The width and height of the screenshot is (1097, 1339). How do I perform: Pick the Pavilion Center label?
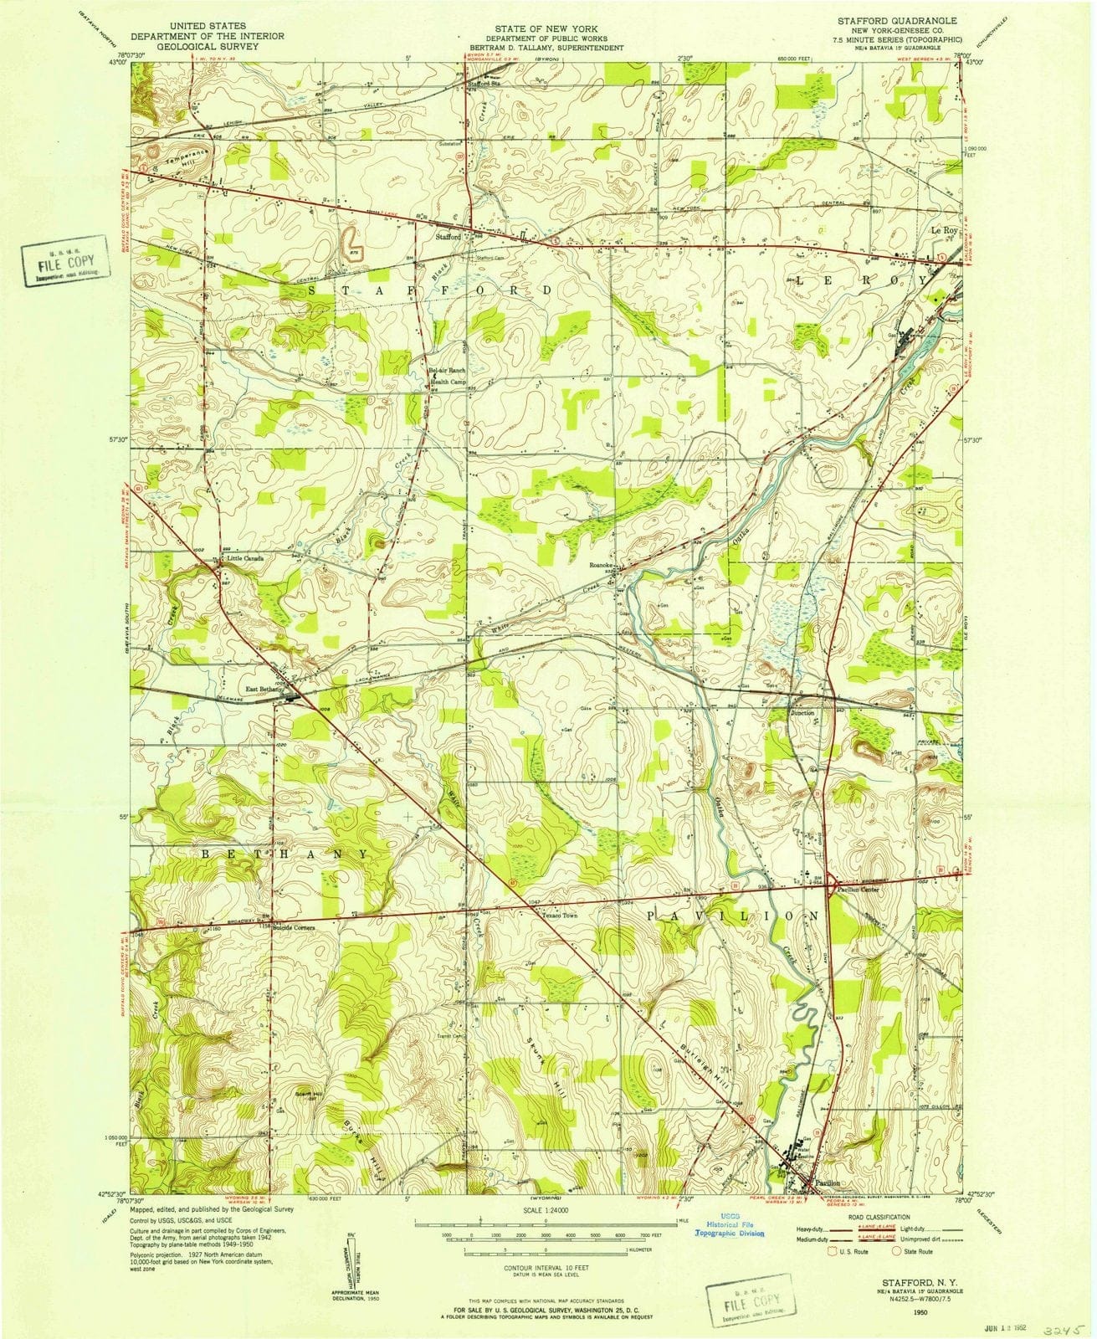(x=856, y=890)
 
